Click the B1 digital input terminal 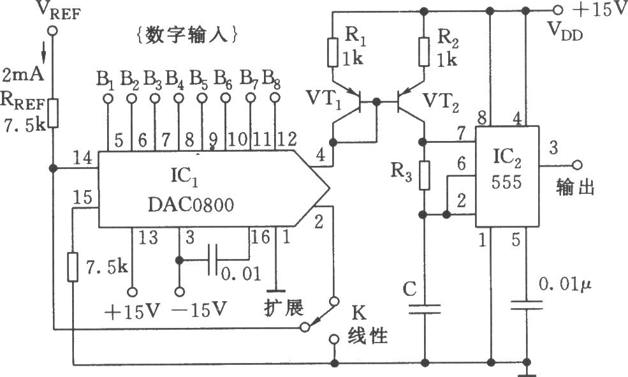(108, 99)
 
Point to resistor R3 (424, 176)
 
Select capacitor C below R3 (424, 309)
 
